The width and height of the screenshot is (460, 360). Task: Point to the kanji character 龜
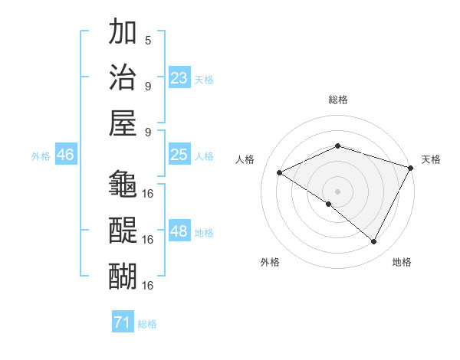click(x=123, y=184)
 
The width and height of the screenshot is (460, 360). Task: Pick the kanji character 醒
click(x=123, y=230)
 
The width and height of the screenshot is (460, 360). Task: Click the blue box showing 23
click(x=179, y=78)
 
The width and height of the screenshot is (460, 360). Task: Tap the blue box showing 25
click(x=179, y=155)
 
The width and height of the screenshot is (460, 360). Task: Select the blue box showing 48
click(x=179, y=232)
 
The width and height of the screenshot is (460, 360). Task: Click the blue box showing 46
click(x=65, y=155)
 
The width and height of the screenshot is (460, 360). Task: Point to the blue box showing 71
click(x=122, y=322)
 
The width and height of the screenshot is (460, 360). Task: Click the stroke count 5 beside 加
click(x=148, y=40)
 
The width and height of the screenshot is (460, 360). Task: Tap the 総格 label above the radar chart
click(x=338, y=100)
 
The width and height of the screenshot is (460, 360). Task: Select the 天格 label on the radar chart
click(x=431, y=159)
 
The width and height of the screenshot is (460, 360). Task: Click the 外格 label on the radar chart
click(x=270, y=262)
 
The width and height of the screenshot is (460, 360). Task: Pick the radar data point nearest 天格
click(x=411, y=168)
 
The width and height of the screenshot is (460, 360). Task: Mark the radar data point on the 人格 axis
click(x=280, y=173)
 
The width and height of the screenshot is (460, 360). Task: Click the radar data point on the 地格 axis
click(x=374, y=242)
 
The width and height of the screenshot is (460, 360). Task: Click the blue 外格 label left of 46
click(x=41, y=155)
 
